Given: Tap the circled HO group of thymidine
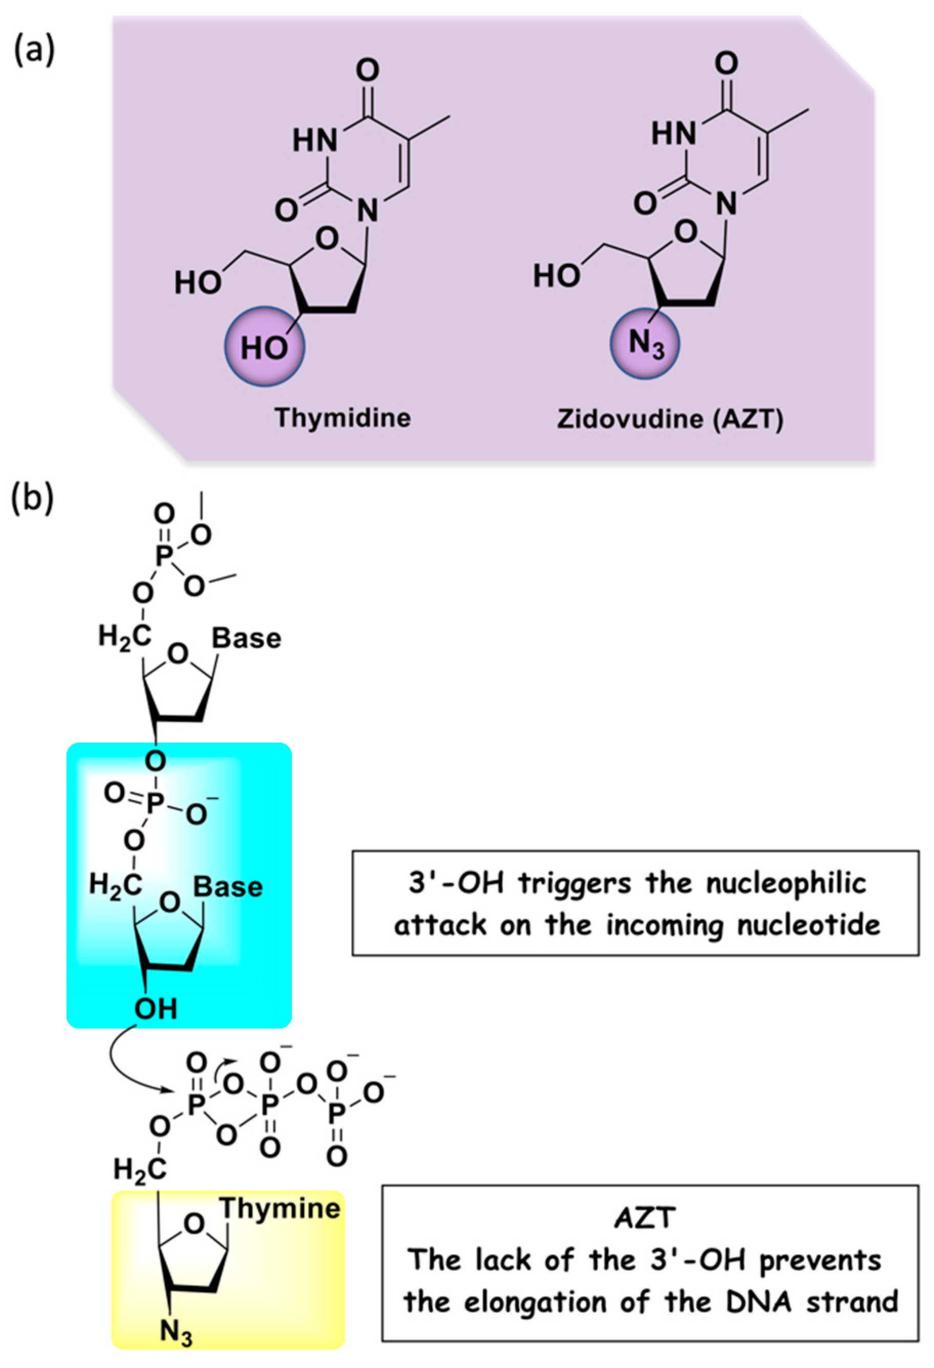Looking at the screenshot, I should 264,347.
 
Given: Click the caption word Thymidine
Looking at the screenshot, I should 343,418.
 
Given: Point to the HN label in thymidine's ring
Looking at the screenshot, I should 315,141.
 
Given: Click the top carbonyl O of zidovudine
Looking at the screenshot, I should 726,62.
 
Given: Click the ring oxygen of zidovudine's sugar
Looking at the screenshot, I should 686,232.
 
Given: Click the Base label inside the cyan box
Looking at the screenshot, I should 228,887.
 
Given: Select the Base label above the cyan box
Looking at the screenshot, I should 247,639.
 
